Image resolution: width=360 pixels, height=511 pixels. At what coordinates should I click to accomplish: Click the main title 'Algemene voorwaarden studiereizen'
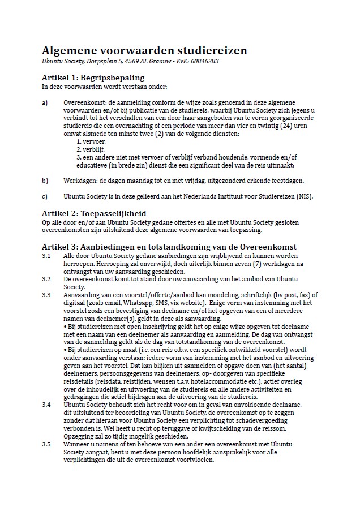[144, 50]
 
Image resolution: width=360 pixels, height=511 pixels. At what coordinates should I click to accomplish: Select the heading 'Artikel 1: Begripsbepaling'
[93, 78]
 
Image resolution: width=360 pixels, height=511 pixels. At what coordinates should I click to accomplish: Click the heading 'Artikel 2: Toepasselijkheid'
[94, 213]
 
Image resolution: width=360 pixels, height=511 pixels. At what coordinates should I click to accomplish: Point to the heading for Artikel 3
[169, 247]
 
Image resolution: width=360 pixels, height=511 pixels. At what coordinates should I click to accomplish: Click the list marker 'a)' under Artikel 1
[45, 103]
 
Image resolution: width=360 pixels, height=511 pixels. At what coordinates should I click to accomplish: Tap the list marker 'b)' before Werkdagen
[45, 181]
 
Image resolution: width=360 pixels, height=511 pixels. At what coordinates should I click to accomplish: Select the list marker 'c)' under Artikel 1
[45, 197]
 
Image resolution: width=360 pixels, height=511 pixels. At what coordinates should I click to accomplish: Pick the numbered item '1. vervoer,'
[91, 141]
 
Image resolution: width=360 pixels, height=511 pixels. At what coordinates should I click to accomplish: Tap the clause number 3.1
[46, 256]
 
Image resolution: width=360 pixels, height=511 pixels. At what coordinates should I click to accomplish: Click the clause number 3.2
[46, 279]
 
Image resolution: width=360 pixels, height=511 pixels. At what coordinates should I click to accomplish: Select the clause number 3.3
[46, 295]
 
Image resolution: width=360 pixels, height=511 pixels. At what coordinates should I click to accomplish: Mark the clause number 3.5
[46, 444]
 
